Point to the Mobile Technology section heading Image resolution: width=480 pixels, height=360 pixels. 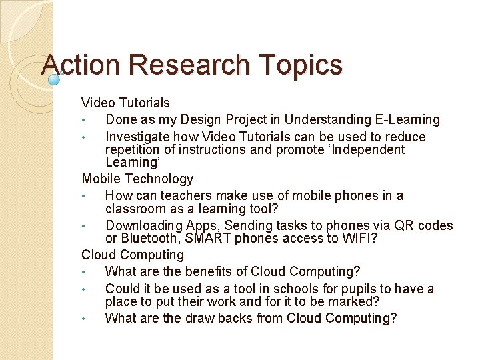pos(137,179)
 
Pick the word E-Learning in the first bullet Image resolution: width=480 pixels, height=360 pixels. pos(406,120)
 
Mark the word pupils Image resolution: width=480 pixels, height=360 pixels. pos(355,289)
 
